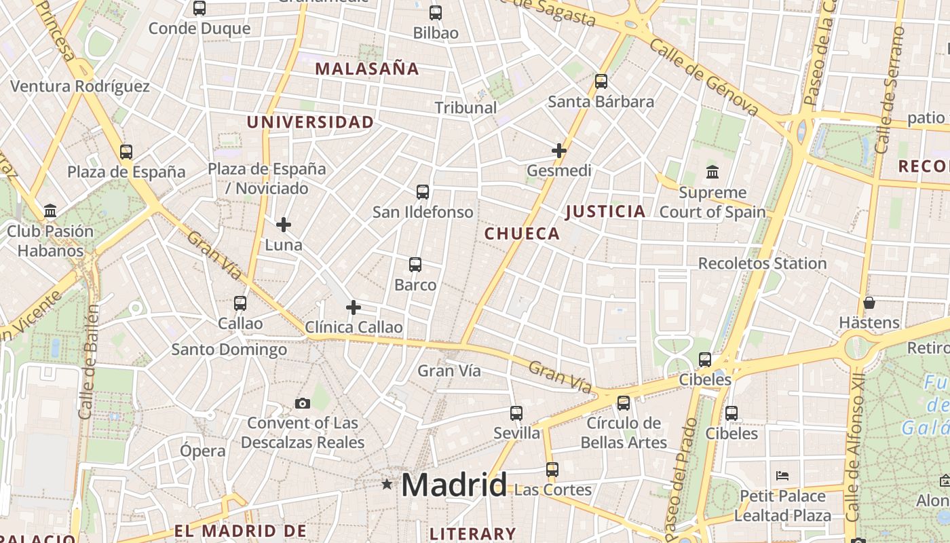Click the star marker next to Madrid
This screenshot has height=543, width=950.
pyautogui.click(x=387, y=484)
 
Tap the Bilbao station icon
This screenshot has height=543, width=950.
pyautogui.click(x=436, y=12)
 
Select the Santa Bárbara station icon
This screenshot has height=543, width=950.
pyautogui.click(x=601, y=81)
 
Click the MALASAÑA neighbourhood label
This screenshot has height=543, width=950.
pyautogui.click(x=367, y=69)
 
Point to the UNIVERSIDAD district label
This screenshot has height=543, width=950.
pyautogui.click(x=310, y=122)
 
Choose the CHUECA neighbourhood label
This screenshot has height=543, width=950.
pyautogui.click(x=522, y=234)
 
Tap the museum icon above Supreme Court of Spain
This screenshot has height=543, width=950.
pyautogui.click(x=712, y=172)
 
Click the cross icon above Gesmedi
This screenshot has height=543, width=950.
pyautogui.click(x=559, y=151)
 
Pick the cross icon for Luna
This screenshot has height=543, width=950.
pyautogui.click(x=284, y=224)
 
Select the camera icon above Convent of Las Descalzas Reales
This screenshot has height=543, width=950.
pyautogui.click(x=303, y=404)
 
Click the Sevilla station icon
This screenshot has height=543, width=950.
pyautogui.click(x=516, y=413)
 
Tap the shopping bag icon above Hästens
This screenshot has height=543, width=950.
pyautogui.click(x=869, y=302)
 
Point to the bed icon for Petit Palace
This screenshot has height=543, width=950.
pyautogui.click(x=782, y=476)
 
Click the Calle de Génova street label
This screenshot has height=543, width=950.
pyautogui.click(x=704, y=77)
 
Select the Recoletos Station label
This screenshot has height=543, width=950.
pyautogui.click(x=762, y=263)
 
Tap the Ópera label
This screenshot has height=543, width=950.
pyautogui.click(x=203, y=451)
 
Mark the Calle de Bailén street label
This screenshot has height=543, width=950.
pyautogui.click(x=88, y=361)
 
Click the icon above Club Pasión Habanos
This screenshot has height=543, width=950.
pyautogui.click(x=50, y=211)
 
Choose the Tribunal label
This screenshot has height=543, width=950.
pyautogui.click(x=465, y=107)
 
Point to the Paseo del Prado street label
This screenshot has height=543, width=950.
pyautogui.click(x=683, y=475)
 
